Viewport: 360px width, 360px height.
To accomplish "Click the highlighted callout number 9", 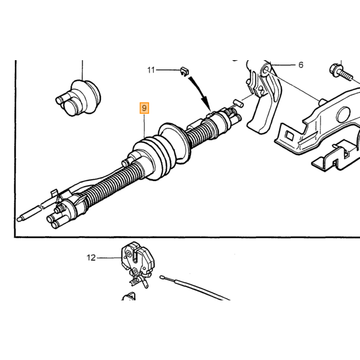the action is (145, 108).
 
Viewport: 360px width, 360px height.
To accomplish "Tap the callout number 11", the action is (151, 70).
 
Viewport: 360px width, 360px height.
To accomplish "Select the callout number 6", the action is (301, 65).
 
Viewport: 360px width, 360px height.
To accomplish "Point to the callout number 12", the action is (91, 258).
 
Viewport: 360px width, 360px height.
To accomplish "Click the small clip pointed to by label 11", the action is (184, 71).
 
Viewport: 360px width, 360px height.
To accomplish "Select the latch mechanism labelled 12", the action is (137, 264).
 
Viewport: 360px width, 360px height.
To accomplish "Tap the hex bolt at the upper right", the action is (340, 72).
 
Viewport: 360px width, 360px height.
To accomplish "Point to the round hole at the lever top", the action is (265, 69).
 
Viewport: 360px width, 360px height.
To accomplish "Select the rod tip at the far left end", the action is (20, 219).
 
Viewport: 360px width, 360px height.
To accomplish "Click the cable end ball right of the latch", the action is (161, 277).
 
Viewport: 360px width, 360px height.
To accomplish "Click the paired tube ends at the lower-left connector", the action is (53, 221).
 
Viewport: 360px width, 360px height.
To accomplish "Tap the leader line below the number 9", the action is (145, 126).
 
